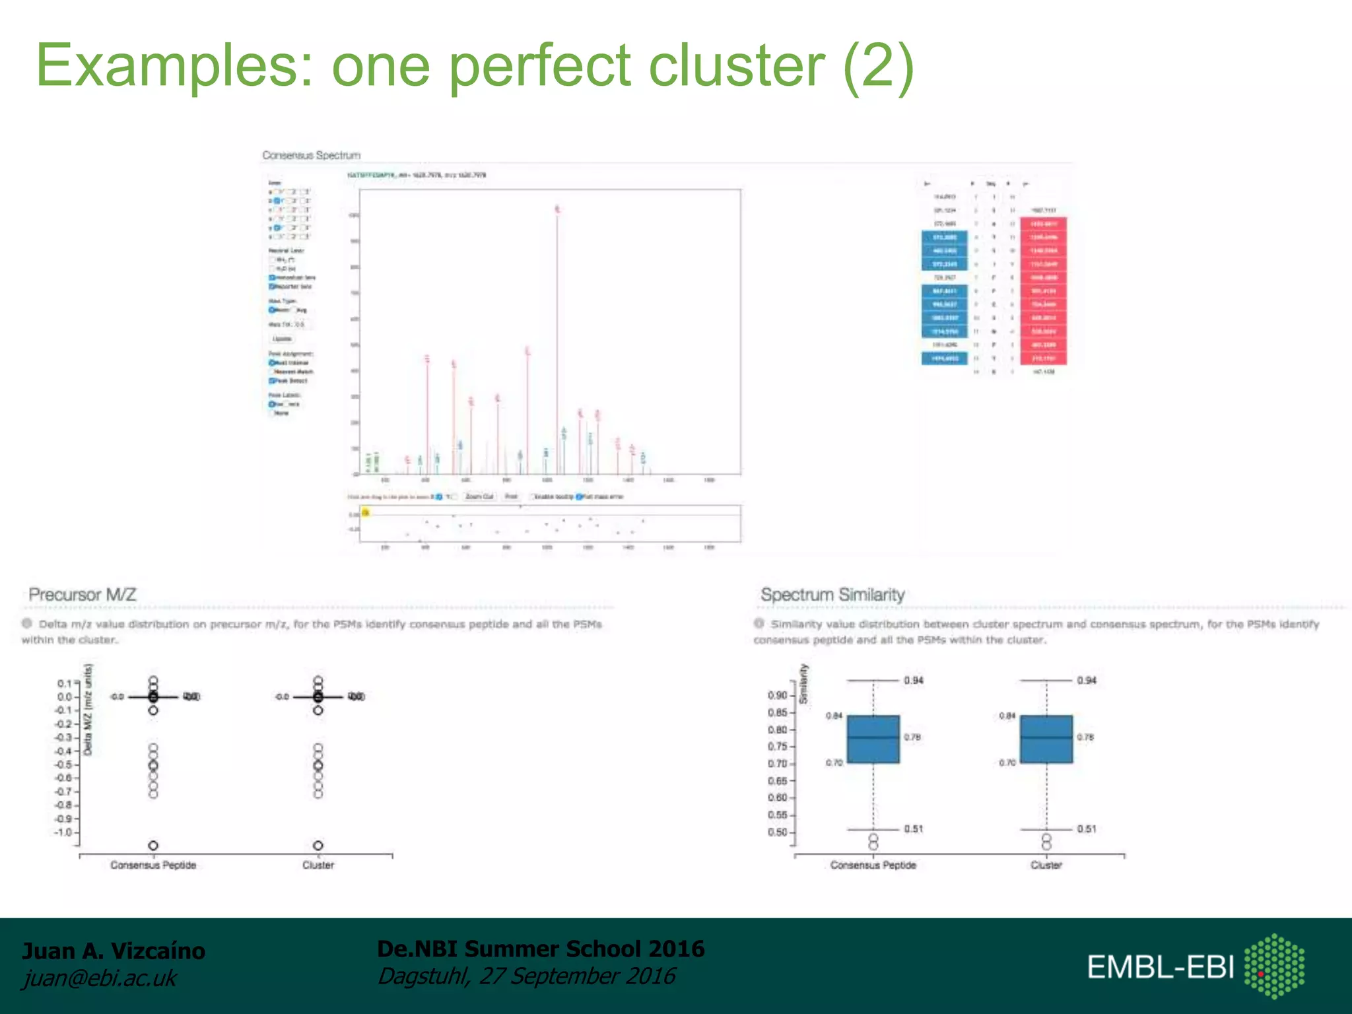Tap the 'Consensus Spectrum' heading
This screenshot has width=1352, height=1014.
point(311,155)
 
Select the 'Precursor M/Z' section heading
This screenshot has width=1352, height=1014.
point(83,595)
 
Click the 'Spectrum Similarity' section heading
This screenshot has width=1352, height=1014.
point(832,595)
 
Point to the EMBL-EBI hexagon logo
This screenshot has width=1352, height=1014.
point(1274,966)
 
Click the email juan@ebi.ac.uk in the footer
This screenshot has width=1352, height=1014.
point(100,978)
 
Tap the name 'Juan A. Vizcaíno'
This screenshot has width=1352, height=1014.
point(114,951)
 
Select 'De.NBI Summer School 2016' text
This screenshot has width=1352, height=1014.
point(541,949)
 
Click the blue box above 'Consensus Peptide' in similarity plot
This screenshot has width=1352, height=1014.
point(873,739)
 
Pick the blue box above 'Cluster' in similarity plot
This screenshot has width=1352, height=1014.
point(1046,739)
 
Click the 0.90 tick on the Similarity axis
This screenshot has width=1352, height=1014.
point(777,695)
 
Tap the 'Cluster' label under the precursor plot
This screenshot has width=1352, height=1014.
point(318,865)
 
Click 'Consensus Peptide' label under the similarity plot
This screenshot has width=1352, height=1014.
point(873,865)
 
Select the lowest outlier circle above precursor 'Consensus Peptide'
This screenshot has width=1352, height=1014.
point(153,846)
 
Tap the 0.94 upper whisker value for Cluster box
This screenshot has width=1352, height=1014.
point(1087,681)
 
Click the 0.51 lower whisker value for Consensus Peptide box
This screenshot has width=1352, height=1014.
point(914,829)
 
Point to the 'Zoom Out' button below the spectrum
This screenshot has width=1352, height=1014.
point(479,496)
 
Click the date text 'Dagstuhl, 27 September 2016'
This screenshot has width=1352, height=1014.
point(526,976)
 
